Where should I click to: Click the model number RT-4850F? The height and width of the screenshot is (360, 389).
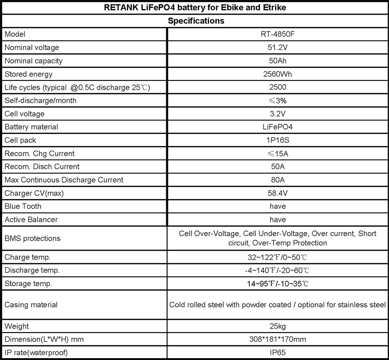pos(278,34)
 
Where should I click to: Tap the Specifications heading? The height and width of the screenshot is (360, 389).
pos(196,21)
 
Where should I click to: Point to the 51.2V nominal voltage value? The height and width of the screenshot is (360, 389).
pos(278,48)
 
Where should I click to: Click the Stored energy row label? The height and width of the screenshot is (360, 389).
pos(28,74)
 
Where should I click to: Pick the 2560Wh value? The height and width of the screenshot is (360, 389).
pos(278,74)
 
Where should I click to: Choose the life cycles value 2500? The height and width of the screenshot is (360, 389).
pos(278,88)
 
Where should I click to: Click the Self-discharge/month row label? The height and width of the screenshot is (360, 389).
pos(40,100)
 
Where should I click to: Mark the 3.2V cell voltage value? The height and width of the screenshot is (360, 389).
pos(278,114)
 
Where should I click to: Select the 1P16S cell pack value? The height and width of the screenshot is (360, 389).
pos(278,140)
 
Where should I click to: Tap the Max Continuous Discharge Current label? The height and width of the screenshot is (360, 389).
pos(64,180)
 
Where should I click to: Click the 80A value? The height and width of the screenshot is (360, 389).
pos(278,180)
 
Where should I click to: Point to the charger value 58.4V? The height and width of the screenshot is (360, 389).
pos(278,193)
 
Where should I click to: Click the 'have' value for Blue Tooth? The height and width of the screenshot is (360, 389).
pos(278,207)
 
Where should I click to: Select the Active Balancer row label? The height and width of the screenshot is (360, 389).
pos(31,220)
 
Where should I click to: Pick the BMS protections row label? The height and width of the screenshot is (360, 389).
pos(32,238)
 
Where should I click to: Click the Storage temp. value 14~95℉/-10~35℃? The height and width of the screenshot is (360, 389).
pos(278,283)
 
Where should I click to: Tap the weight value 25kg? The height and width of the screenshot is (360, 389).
pos(278,326)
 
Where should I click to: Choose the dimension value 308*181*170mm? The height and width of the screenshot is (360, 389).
pos(278,340)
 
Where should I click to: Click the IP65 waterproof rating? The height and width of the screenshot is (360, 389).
pos(278,352)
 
